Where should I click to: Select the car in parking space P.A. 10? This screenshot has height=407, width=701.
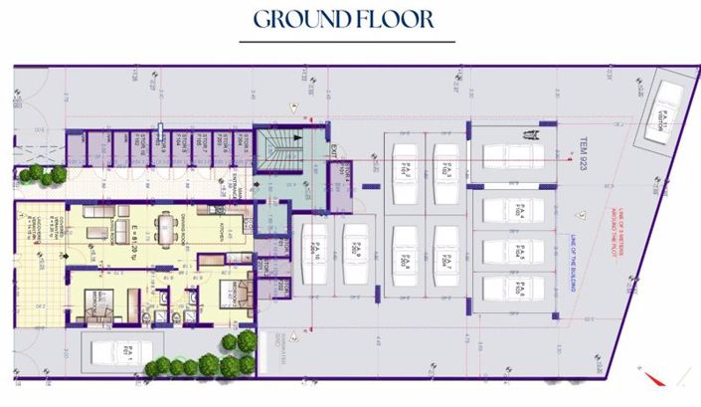(x=312, y=250)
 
